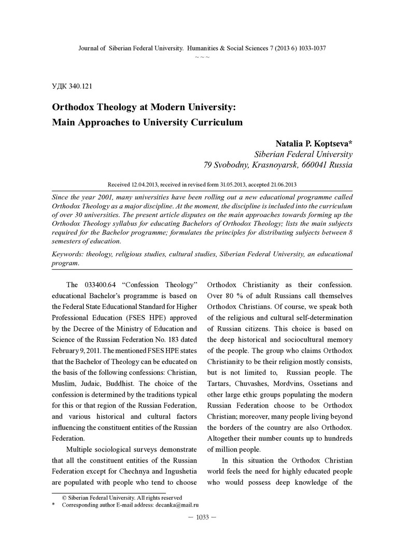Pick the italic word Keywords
[69, 254]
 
